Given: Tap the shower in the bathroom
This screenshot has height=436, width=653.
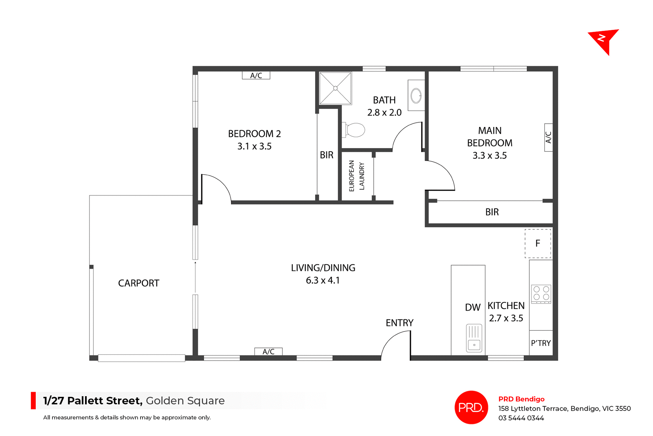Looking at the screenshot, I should point(335,88).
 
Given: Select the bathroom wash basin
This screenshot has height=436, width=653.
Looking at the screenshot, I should point(416,96).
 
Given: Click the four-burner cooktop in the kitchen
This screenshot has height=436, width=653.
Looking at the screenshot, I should point(541,293).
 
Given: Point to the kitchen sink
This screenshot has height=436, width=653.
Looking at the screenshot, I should point(474,338).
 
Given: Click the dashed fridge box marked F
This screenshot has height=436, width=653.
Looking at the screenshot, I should point(538,243).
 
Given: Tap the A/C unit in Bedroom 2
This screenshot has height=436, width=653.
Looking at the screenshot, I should point(256,76).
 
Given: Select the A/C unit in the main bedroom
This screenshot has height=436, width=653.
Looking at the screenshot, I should point(548,138).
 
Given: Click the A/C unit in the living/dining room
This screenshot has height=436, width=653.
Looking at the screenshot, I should point(268,352).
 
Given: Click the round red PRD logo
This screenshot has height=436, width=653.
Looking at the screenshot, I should point(471,407).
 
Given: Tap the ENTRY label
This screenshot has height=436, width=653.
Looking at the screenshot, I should point(400,323).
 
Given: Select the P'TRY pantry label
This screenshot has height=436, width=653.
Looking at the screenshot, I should point(541,343).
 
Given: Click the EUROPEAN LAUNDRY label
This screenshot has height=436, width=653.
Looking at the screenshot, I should point(357,176).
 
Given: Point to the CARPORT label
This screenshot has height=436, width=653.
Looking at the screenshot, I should point(138,283).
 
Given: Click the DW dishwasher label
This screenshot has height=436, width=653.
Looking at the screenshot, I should point(473,307).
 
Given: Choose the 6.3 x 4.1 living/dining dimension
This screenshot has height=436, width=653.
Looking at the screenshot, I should point(323,280).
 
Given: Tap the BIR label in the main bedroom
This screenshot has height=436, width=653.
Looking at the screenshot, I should point(492,212).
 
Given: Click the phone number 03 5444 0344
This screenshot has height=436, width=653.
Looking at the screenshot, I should point(521,418).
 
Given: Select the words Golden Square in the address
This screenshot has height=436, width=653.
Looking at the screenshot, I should point(185,401).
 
